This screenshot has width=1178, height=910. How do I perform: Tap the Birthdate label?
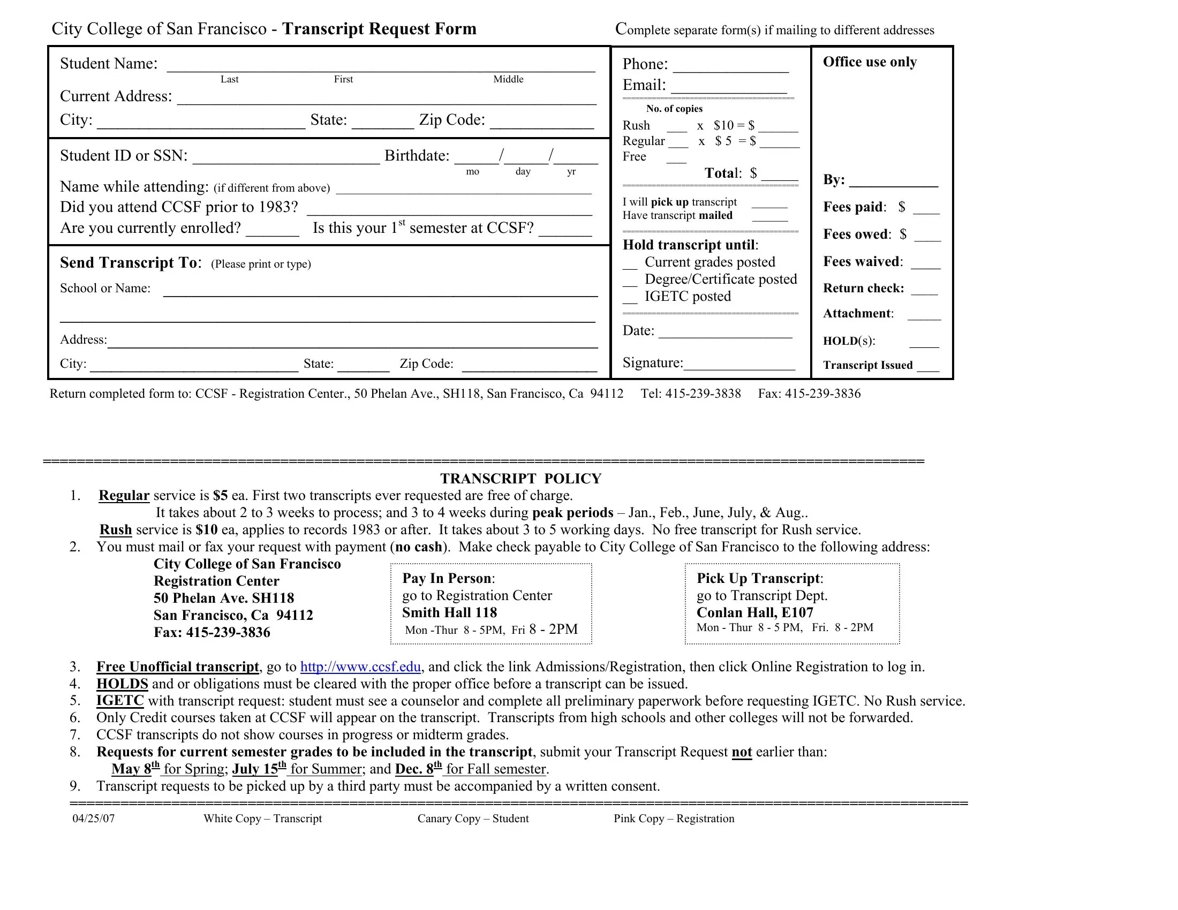417,156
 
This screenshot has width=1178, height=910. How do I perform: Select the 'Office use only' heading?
870,62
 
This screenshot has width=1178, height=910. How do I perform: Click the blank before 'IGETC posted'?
630,298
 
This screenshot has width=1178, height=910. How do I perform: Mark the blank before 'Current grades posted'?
630,264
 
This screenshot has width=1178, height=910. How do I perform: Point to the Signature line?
739,365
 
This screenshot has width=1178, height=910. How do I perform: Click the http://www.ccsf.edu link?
360,667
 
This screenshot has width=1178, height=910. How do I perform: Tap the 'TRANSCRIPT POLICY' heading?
520,479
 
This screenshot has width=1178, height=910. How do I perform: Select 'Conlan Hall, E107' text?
754,612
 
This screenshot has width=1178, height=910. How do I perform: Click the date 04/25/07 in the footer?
93,818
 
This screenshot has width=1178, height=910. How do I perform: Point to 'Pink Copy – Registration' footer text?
674,818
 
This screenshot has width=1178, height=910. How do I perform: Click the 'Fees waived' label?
862,261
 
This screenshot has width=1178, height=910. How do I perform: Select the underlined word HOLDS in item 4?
122,684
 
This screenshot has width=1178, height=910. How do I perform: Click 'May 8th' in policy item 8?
135,769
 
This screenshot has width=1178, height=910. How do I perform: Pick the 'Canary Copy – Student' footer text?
472,818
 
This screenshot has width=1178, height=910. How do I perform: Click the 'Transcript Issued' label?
867,365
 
